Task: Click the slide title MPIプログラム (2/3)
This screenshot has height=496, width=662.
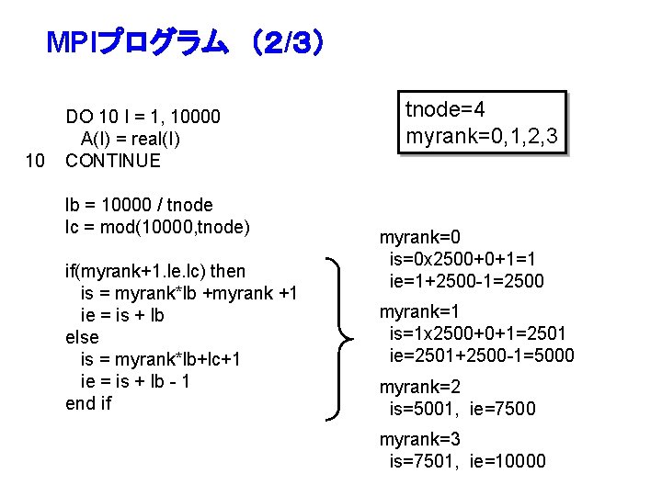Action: point(184,43)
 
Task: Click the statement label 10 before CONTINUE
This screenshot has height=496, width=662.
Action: point(36,162)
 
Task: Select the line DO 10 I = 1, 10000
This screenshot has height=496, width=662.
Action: point(143,117)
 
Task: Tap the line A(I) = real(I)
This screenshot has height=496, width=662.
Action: point(131,139)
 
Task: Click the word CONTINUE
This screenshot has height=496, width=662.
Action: point(113,162)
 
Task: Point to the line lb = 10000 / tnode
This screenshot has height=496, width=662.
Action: point(139,205)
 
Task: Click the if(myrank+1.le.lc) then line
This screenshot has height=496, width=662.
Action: point(155,271)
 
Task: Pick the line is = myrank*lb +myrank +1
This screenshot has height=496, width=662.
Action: point(188,293)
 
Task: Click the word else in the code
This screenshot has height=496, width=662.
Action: point(82,337)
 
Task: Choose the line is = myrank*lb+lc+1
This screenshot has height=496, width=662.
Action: point(161,359)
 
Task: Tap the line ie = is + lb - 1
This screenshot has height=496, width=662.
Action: point(135,381)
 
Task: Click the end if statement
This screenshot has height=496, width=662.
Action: point(88,403)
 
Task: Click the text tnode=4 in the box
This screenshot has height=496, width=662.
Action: point(446,111)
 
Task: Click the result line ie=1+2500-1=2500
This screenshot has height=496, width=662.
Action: point(467,281)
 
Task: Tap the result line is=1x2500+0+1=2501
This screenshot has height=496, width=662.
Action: point(478,333)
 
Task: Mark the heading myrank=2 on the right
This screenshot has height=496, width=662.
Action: point(420,387)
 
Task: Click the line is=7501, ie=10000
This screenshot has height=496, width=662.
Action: point(468,461)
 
